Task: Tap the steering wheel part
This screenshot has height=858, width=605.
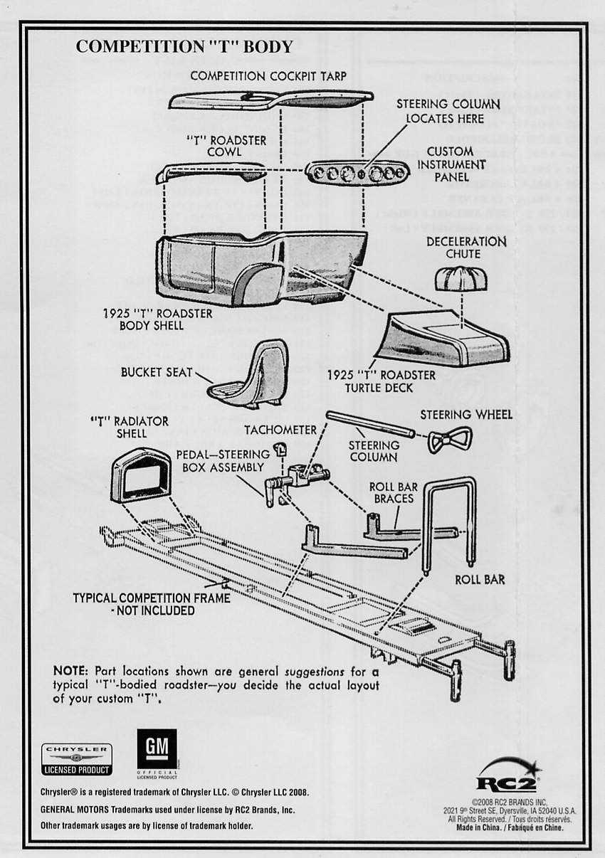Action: [x=449, y=439]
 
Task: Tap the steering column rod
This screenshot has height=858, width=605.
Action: [x=369, y=424]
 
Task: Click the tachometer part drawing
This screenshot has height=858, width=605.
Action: [x=280, y=449]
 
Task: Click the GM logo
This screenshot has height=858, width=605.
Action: [x=157, y=749]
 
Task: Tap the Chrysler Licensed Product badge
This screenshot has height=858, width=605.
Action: [x=77, y=759]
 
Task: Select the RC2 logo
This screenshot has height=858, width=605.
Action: [x=507, y=776]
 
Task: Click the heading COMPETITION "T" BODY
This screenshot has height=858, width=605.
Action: [x=184, y=47]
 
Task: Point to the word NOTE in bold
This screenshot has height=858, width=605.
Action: [x=70, y=671]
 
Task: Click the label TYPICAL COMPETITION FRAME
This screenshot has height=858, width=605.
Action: [x=152, y=598]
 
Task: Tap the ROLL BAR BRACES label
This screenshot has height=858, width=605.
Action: [x=394, y=492]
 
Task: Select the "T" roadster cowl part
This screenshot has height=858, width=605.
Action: [x=210, y=171]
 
